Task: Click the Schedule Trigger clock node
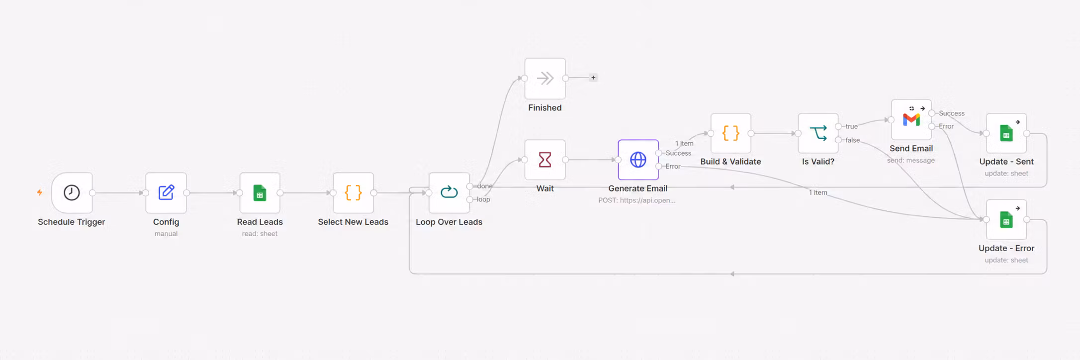click(72, 192)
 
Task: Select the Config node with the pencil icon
click(166, 192)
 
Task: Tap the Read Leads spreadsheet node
click(260, 192)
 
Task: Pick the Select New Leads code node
click(353, 192)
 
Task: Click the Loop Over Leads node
click(449, 192)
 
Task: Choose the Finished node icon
click(545, 78)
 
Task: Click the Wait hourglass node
click(545, 160)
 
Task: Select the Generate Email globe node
click(638, 160)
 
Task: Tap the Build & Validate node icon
click(731, 133)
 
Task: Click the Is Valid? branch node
click(818, 133)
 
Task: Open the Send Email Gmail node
click(911, 120)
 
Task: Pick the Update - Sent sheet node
click(1006, 133)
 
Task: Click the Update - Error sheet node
click(1006, 219)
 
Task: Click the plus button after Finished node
click(593, 78)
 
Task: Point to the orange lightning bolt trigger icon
click(40, 192)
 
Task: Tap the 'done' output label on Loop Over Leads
click(485, 186)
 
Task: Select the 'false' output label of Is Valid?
click(853, 140)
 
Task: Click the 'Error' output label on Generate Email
click(673, 167)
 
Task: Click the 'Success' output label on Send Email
click(952, 113)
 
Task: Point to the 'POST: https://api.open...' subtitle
click(637, 200)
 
